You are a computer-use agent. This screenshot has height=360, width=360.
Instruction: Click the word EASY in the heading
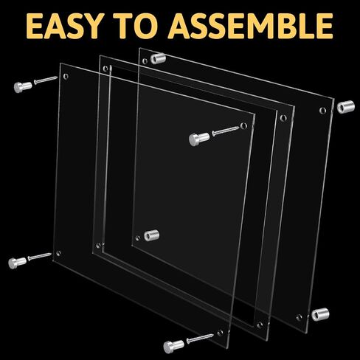point(64,26)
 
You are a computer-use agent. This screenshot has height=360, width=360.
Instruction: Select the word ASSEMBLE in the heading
point(251,26)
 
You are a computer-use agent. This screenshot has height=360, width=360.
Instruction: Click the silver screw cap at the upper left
point(23,87)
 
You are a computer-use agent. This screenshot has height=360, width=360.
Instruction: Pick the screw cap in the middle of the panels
point(199,139)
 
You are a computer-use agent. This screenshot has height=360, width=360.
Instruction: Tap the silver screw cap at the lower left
point(17,263)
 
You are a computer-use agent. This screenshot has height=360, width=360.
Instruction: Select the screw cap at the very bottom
point(173,347)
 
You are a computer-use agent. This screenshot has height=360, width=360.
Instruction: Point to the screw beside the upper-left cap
point(46,80)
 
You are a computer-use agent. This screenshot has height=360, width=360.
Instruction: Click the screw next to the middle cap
point(226,131)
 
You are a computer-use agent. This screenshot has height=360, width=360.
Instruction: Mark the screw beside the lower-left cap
point(40,257)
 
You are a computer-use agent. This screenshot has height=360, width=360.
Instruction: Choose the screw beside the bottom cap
point(200,338)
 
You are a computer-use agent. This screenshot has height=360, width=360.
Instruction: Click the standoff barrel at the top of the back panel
point(158,58)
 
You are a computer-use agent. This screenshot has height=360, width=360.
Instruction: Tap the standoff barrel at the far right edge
point(346,107)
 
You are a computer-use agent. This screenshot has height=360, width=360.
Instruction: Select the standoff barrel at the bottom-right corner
point(320,314)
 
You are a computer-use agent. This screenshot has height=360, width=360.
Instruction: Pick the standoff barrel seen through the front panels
point(151,235)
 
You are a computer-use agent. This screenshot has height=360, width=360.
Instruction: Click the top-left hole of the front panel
point(66,77)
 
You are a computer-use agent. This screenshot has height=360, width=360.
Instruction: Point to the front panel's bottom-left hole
point(59,253)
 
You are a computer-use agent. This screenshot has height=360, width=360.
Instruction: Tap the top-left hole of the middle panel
point(105,69)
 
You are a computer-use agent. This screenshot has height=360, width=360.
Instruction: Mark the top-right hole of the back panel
point(322,110)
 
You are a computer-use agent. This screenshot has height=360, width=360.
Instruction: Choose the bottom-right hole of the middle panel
point(260,325)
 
